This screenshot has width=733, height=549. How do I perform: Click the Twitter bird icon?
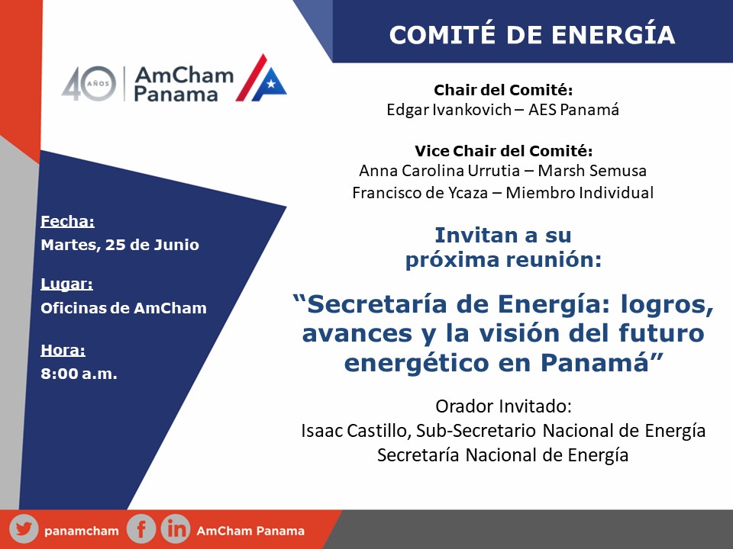pos(24,529)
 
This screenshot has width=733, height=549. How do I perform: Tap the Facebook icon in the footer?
pos(140,529)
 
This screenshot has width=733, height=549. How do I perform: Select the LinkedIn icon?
pos(176,529)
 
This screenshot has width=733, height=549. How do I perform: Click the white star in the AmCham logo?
pos(270,84)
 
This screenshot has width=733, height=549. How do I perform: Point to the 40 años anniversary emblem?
pos(89,84)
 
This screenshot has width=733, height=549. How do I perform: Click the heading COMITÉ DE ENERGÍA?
pos(532,34)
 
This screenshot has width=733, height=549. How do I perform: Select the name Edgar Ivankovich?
pos(449,110)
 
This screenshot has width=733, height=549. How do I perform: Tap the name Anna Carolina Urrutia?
pos(440,170)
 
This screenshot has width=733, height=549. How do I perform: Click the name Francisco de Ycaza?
pos(420,192)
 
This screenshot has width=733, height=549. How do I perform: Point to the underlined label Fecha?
pos(67,221)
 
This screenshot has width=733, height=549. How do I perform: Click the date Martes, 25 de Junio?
pos(120,245)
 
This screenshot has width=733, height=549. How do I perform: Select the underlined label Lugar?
pos(66,284)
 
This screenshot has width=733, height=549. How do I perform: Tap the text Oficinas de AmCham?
pos(124,308)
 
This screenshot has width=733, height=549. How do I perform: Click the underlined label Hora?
pos(63,350)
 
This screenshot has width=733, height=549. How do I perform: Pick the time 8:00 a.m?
pos(79,374)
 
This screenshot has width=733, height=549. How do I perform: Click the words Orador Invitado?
pos(503,406)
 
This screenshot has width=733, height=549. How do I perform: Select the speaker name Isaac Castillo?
pos(356,430)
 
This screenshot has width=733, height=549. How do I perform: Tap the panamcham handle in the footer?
pos(82,531)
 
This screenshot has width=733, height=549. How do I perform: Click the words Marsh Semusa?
pos(593,170)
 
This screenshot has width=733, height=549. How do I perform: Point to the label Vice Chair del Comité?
pos(503,151)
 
